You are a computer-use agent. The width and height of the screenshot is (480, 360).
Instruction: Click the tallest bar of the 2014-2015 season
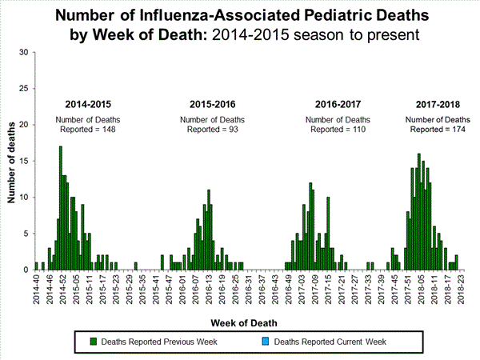(60, 208)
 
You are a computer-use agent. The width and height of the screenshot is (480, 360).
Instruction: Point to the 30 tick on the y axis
(24, 53)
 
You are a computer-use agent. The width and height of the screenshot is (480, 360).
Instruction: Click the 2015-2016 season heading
(212, 105)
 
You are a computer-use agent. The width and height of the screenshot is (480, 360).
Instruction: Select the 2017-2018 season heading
(436, 105)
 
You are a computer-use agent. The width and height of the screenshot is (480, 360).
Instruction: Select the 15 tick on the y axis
(24, 161)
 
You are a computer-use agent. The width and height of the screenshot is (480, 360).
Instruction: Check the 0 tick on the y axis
(26, 270)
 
